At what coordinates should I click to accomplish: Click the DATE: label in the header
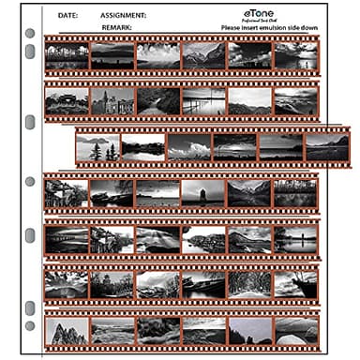tap(67, 16)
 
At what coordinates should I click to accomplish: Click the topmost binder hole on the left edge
tap(29, 35)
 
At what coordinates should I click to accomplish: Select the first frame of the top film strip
tap(66, 56)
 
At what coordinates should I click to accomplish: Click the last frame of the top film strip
tap(295, 56)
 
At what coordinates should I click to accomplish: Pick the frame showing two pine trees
tap(97, 147)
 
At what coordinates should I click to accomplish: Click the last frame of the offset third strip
tap(326, 147)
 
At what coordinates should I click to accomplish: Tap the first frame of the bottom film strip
tap(66, 330)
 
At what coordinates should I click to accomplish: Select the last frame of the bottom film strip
tap(295, 330)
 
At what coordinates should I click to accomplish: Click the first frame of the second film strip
tap(66, 101)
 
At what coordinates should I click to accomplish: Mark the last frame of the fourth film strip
tap(295, 193)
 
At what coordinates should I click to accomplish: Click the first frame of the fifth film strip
tap(66, 239)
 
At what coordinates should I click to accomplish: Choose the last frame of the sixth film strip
tap(295, 284)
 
